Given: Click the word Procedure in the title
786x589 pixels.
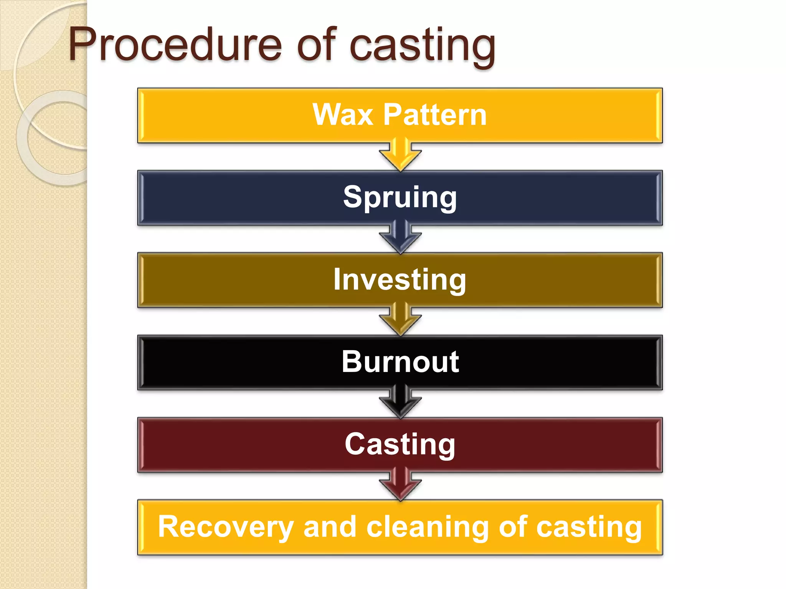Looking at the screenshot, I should (175, 45).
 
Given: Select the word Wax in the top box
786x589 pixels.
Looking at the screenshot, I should (343, 115).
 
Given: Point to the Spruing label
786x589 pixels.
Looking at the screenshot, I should (400, 197).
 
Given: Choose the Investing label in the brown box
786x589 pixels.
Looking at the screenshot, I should (400, 280).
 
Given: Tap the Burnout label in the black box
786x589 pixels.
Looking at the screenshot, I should (400, 362).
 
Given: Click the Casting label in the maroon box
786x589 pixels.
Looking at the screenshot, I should (400, 444).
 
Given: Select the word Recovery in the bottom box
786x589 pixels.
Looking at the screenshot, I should (226, 527).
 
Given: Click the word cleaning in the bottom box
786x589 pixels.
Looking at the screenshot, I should (428, 527).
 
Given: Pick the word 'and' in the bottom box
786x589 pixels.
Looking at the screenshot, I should (330, 527).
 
